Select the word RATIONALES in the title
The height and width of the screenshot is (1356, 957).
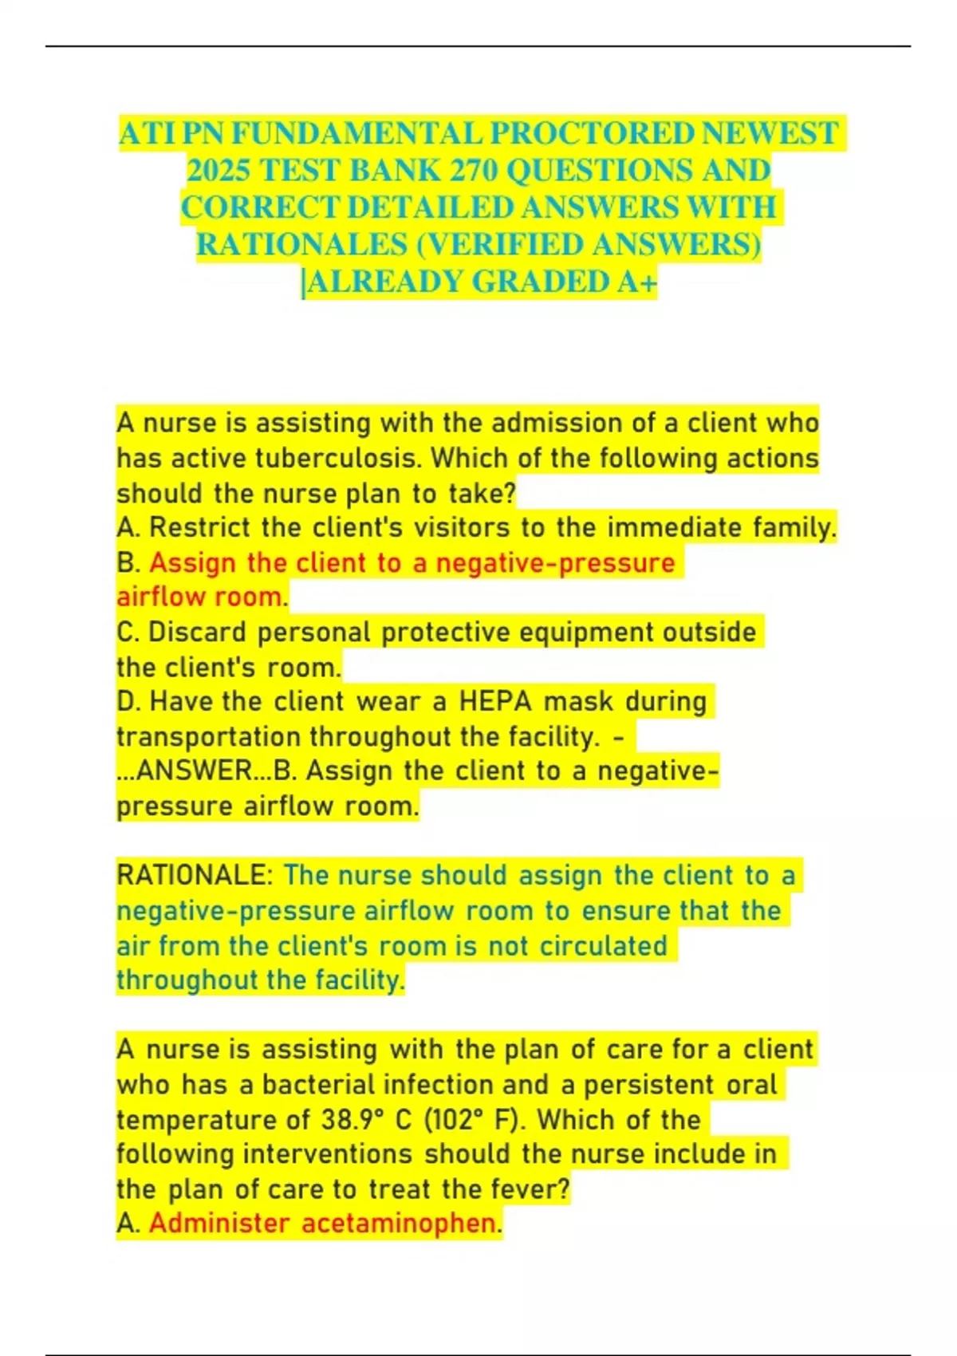tap(302, 244)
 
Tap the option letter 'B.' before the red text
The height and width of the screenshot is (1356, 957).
tap(128, 563)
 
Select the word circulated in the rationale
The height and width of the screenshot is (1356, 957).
tap(603, 946)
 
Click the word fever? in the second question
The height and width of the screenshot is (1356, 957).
tap(530, 1189)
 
